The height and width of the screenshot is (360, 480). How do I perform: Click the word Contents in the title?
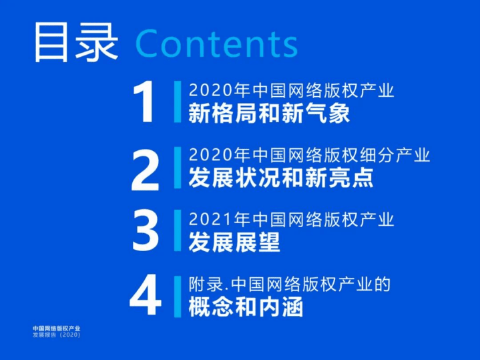217,43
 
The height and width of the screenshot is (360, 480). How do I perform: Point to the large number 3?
145,230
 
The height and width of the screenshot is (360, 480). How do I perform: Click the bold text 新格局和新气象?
269,114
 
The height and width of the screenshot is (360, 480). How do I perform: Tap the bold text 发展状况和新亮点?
280,178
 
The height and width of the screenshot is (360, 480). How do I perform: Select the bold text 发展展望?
234,242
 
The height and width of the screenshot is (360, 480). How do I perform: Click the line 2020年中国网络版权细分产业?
309,155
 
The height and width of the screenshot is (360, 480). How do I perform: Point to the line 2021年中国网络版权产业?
292,219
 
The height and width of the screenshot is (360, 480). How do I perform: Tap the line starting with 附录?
289,285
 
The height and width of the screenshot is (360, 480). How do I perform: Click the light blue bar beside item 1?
178,102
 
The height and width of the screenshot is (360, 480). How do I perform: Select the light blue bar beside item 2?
178,167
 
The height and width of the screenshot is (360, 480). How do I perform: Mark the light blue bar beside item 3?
178,230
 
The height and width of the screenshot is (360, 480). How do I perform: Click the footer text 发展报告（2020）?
56,335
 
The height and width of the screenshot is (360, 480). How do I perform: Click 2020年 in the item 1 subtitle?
210,90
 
